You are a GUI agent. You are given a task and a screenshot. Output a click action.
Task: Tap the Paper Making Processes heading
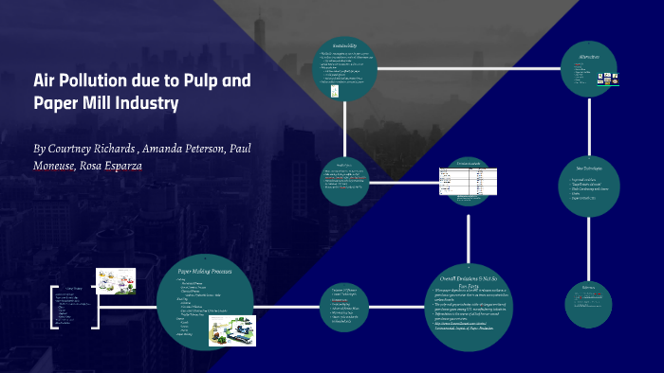tap(205, 272)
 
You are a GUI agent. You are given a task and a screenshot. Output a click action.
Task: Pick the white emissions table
tap(458, 180)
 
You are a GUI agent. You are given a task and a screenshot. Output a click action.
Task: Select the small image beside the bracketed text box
tap(116, 280)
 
